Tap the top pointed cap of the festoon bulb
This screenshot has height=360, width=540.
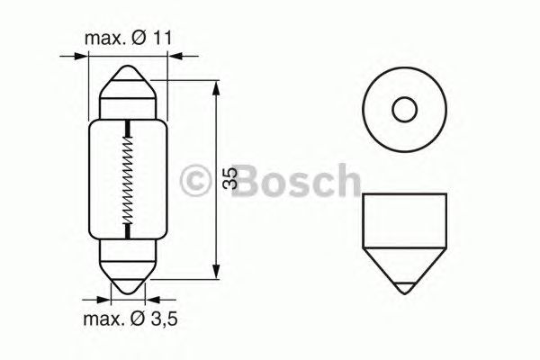pyautogui.click(x=128, y=86)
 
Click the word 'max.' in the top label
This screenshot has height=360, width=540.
pyautogui.click(x=102, y=39)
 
